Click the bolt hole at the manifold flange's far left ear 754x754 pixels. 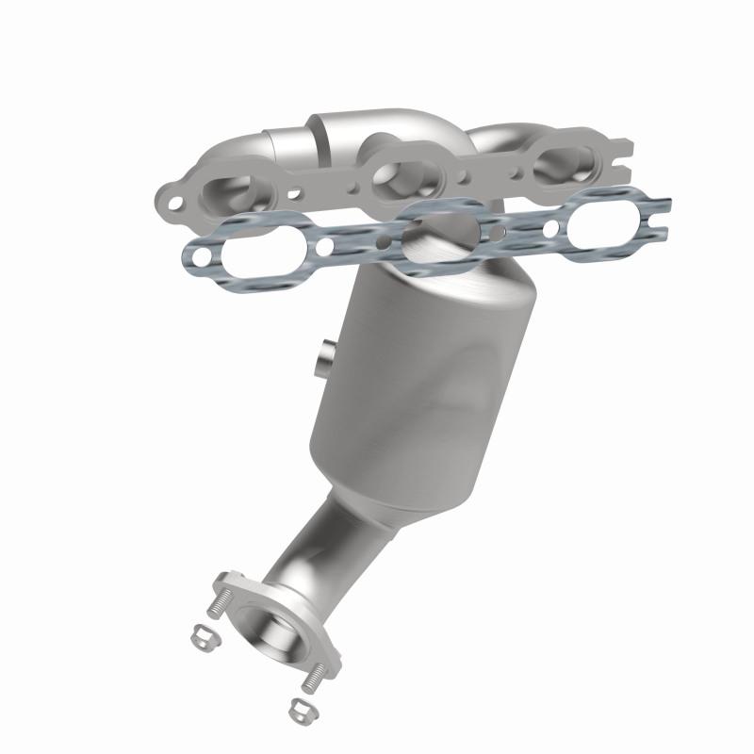172,200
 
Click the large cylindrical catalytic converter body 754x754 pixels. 424,377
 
